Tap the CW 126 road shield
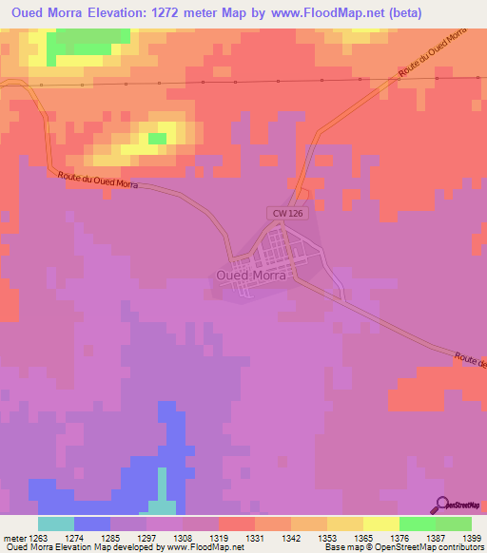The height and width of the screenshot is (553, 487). click(x=287, y=214)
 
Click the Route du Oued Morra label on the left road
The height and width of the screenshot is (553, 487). click(x=97, y=180)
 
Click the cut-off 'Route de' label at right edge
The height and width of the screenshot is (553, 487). click(x=470, y=360)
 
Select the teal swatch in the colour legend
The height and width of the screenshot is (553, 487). click(x=55, y=524)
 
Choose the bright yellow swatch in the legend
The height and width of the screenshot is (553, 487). click(x=380, y=524)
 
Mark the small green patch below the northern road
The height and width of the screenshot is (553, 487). click(x=157, y=139)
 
